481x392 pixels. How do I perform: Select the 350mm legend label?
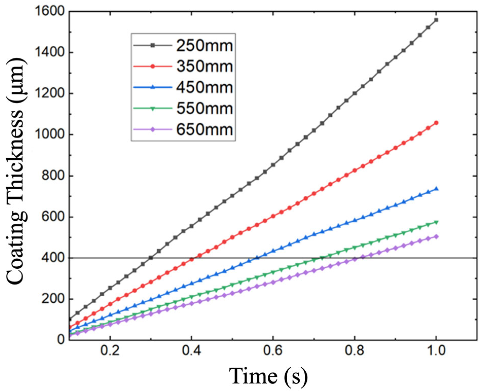pos(204,67)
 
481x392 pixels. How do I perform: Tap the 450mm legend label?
pos(204,87)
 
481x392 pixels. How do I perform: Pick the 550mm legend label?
pos(204,108)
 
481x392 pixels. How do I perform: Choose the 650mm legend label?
pos(204,129)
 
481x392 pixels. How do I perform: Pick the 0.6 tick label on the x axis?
pos(273,351)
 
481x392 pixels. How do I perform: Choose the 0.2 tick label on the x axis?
pos(110,351)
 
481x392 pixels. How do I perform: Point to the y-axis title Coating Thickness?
pos(16,172)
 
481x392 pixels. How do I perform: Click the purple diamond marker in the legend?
pos(153,129)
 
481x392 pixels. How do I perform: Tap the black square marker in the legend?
pos(153,45)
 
